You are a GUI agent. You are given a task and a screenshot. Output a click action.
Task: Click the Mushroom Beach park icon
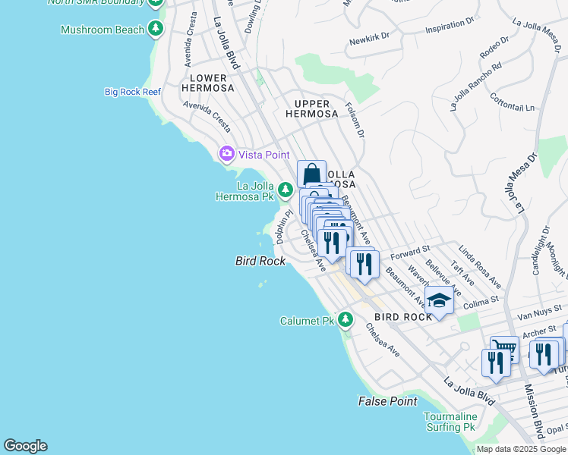pos(156,30)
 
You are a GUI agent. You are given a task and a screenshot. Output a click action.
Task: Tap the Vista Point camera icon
pos(226,154)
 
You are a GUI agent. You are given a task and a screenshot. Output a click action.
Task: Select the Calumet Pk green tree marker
pos(346,319)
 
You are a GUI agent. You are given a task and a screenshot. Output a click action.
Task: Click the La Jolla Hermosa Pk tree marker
pos(285,190)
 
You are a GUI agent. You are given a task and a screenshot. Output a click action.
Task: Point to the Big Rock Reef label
pos(133,92)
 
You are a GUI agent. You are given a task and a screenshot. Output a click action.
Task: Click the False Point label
pos(388,400)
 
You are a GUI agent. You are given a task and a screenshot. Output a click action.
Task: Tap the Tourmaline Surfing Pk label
pos(450,422)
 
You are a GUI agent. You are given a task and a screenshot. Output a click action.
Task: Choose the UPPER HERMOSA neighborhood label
pos(311,108)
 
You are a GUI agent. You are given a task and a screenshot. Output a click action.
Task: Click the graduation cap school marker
pos(438,301)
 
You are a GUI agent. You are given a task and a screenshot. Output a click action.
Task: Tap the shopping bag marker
pos(311,174)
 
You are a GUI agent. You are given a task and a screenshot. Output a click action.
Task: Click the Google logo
pos(25,446)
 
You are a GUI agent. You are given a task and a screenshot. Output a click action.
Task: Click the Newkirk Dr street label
pos(369,36)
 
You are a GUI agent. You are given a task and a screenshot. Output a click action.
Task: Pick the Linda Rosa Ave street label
pos(479,266)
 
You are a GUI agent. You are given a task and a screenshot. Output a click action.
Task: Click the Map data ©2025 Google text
pos(520,449)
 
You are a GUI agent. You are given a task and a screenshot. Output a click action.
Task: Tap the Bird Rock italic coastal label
pos(260,261)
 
